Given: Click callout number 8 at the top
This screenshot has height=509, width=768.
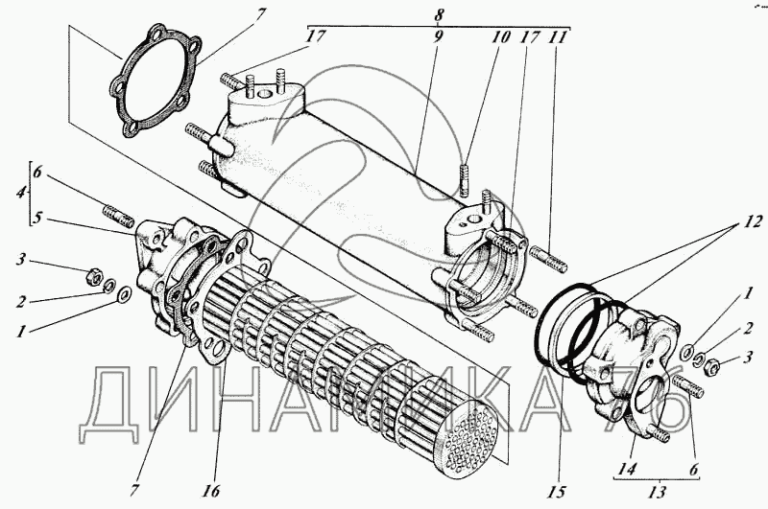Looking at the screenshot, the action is [439, 14].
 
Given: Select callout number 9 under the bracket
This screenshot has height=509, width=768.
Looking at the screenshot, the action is [439, 39].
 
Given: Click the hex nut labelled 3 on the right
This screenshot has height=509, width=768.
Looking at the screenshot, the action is [702, 364].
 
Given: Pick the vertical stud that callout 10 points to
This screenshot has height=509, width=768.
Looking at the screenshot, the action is [465, 180].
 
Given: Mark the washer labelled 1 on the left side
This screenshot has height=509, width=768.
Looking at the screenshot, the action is [124, 293].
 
